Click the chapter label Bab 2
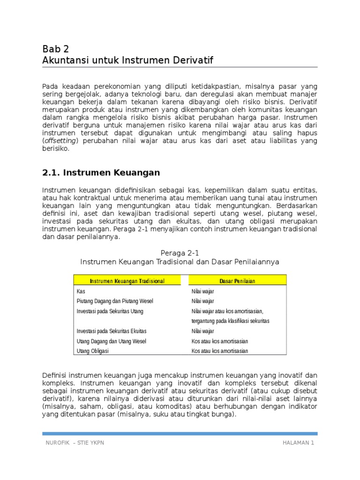[x=55, y=49]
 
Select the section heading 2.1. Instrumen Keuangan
[x=101, y=172]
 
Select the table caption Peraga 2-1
[x=180, y=253]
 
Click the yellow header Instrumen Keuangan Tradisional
[x=127, y=280]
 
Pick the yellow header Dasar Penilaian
[x=237, y=280]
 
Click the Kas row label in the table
[x=81, y=291]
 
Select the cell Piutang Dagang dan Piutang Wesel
[x=115, y=301]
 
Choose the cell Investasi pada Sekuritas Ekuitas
[x=112, y=331]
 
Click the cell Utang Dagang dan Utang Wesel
[x=111, y=341]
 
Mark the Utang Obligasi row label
[x=92, y=351]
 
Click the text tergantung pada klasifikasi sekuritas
[x=231, y=321]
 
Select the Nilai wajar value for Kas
[x=202, y=291]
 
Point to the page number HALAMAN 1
[x=298, y=443]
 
